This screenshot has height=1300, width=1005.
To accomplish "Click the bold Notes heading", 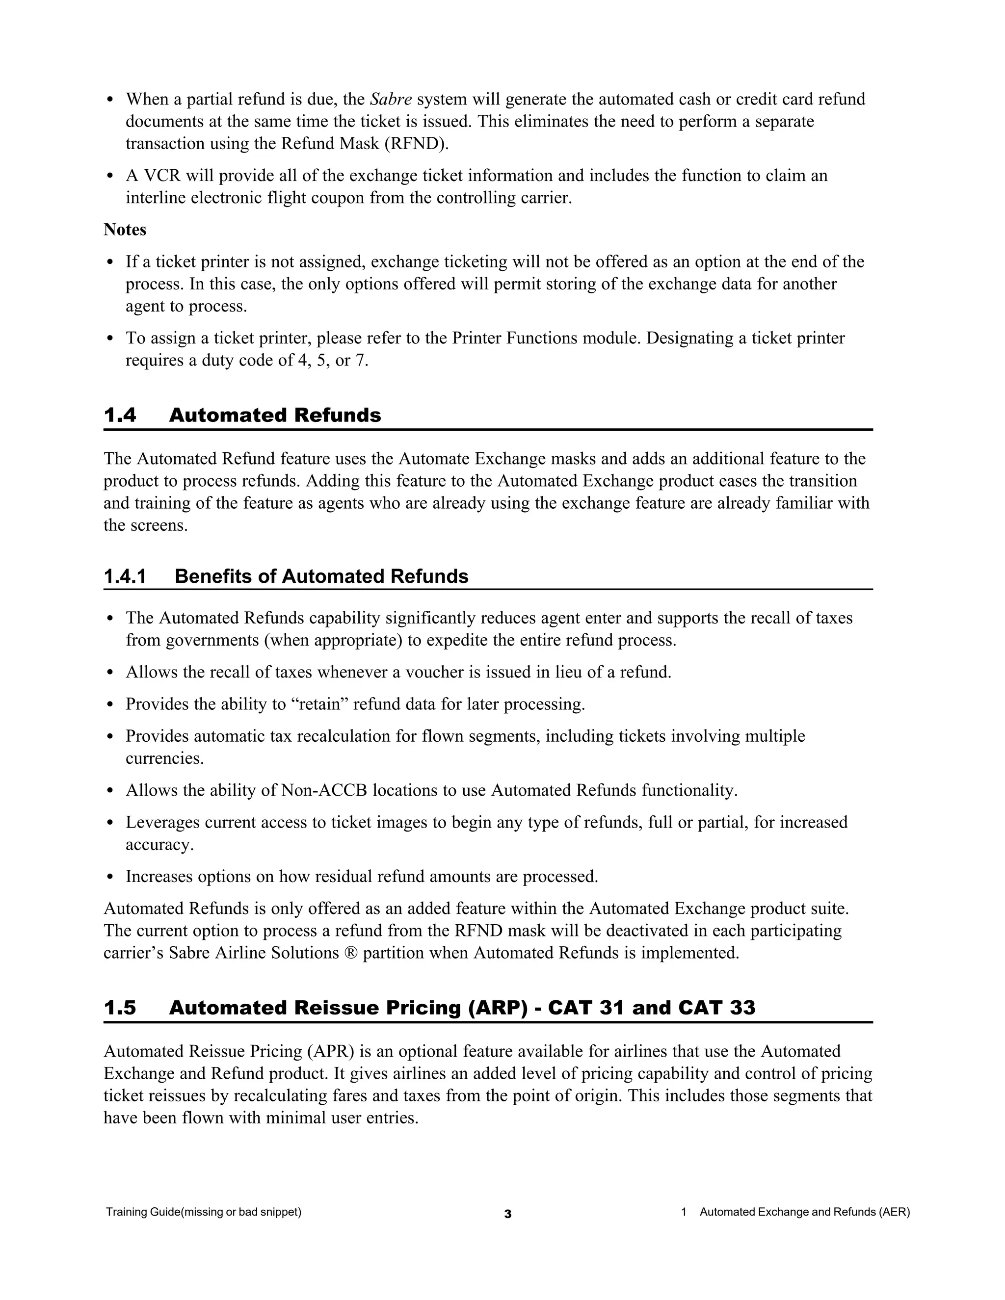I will pyautogui.click(x=125, y=229).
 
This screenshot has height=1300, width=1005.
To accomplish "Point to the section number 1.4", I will pyautogui.click(x=120, y=415).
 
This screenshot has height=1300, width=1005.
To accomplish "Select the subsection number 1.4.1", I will pyautogui.click(x=125, y=576).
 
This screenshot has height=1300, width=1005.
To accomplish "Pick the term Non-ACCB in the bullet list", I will pyautogui.click(x=324, y=790).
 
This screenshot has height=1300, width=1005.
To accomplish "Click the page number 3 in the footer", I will pyautogui.click(x=507, y=1214).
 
